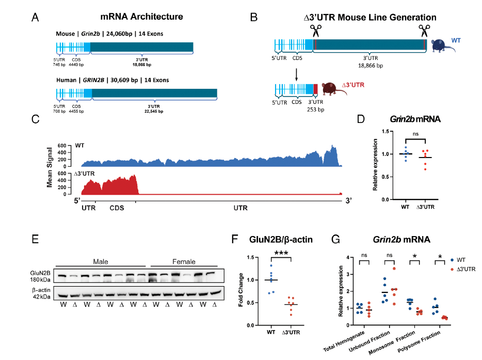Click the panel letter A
[x=35, y=17]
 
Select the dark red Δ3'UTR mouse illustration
[x=331, y=89]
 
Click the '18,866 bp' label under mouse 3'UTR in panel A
[x=141, y=66]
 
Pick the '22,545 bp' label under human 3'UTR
[x=153, y=111]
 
